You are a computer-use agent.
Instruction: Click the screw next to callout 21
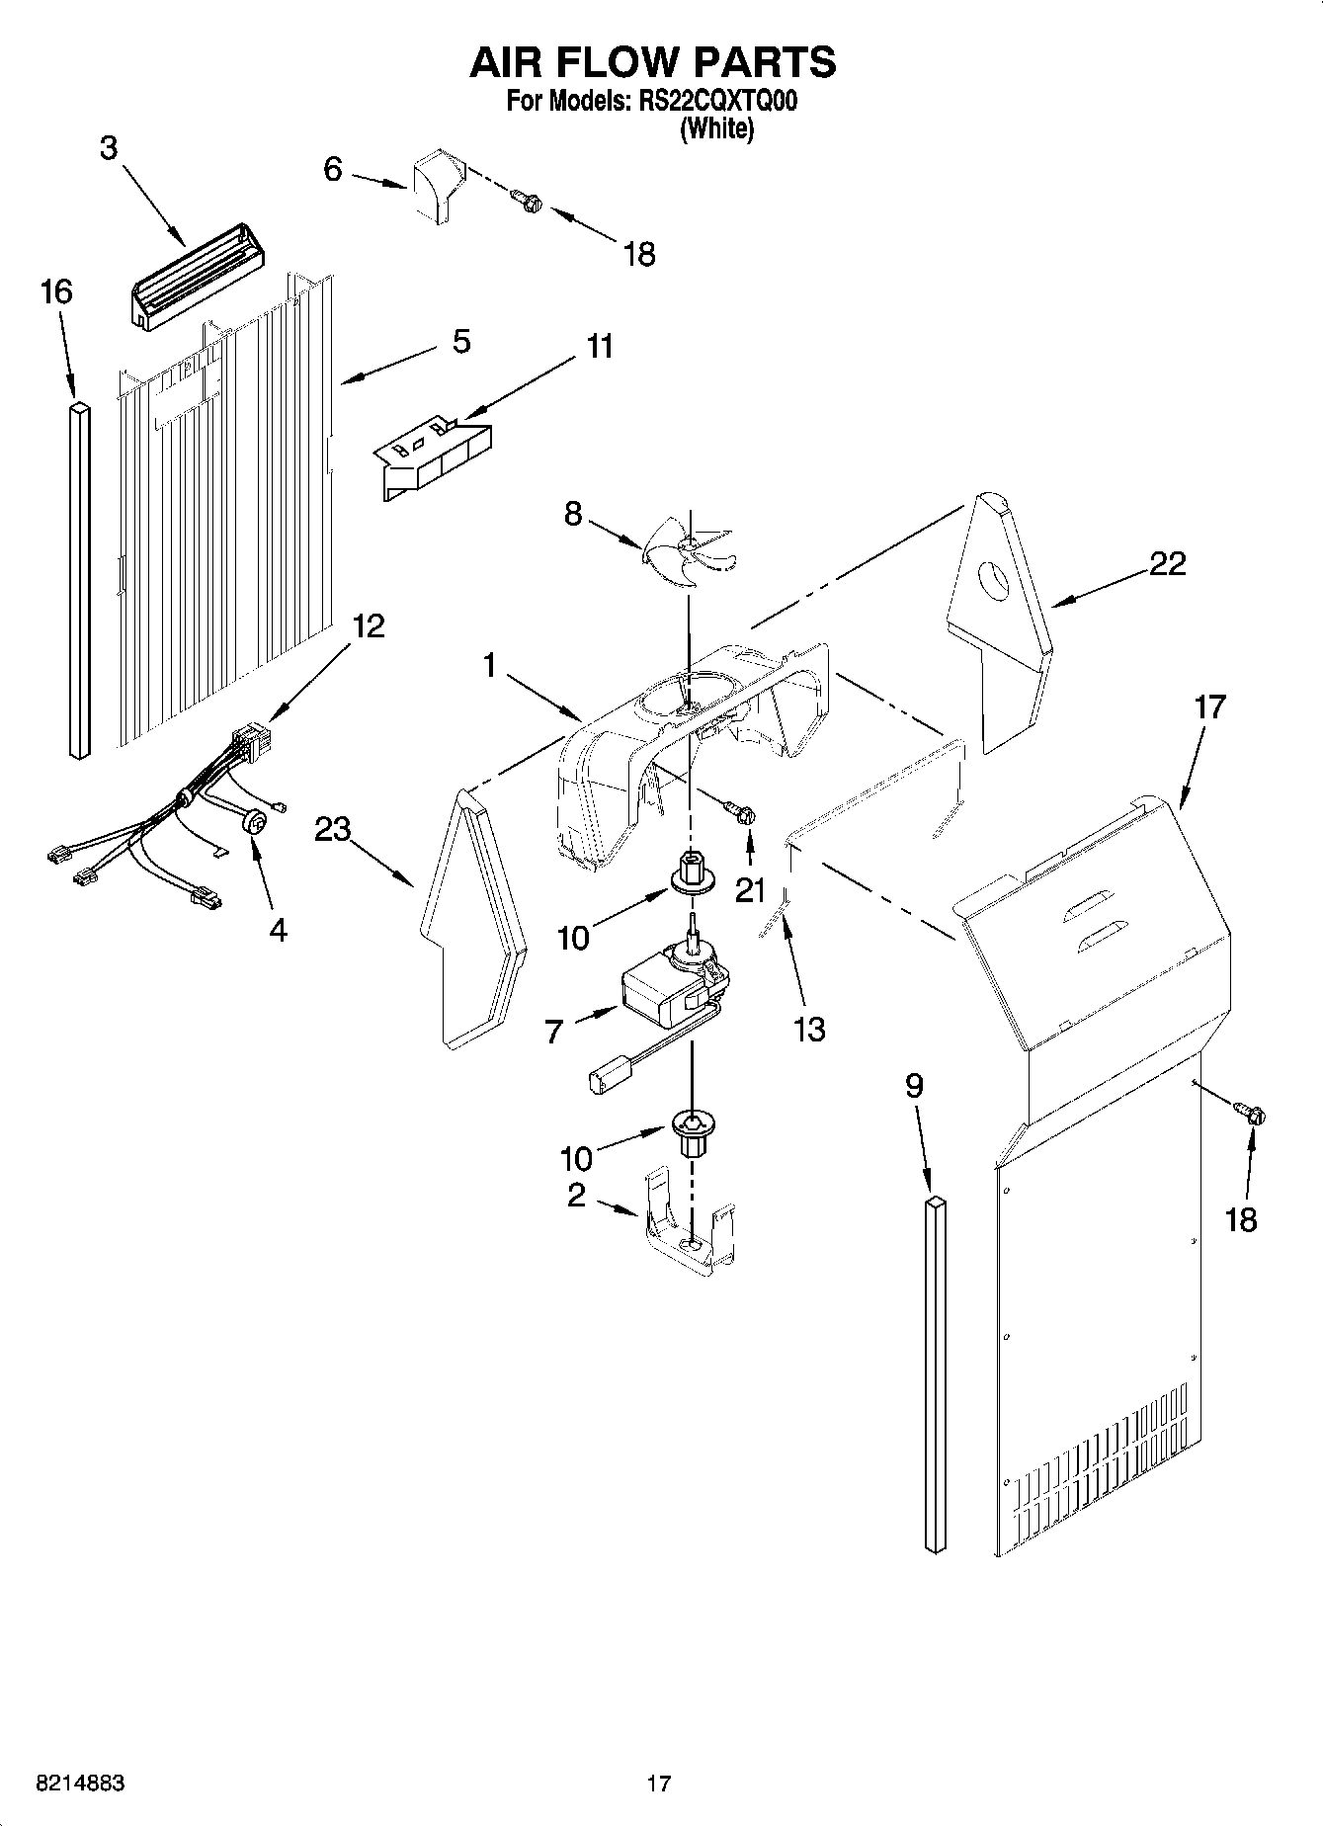(744, 812)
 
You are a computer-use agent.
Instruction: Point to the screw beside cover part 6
(528, 201)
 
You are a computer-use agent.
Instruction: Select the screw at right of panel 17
(1253, 1115)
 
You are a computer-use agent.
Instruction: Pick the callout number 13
(808, 1029)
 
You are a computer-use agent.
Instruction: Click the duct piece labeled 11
(435, 457)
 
